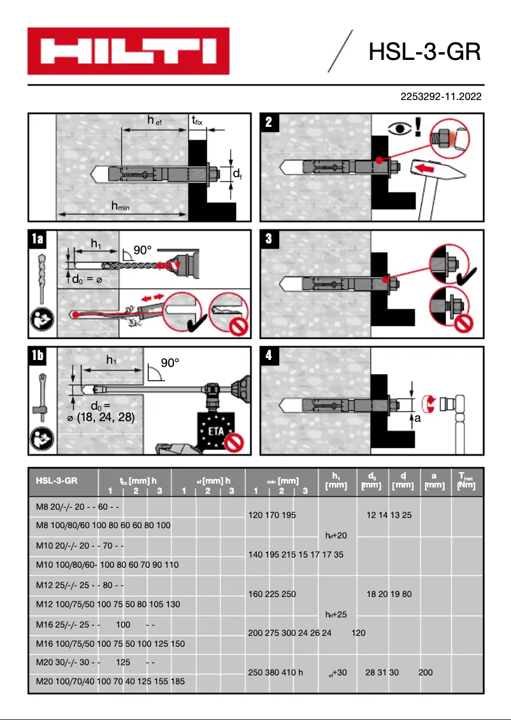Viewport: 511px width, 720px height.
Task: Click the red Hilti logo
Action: point(127,51)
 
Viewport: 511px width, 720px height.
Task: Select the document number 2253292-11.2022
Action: point(440,97)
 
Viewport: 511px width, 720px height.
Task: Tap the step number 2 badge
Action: point(269,122)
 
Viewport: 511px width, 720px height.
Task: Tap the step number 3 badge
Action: point(269,239)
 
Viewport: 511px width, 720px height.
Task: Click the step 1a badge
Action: point(38,239)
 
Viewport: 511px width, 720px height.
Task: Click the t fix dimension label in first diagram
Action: point(198,120)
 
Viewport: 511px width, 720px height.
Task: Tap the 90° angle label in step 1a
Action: point(142,250)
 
